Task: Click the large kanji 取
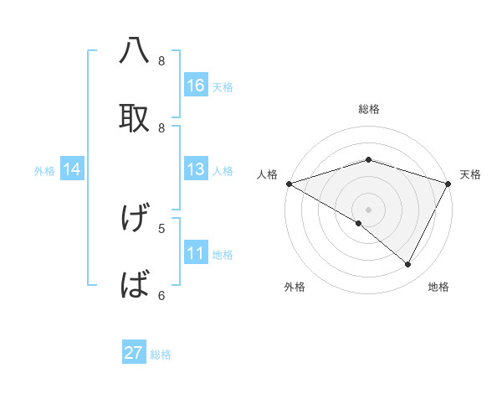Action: tap(134, 117)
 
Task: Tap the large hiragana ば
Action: tap(134, 285)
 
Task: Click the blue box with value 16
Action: tap(196, 85)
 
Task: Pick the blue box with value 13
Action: tap(196, 169)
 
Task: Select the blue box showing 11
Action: tap(196, 253)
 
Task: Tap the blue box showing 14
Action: tap(72, 169)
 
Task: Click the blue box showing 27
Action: tap(134, 353)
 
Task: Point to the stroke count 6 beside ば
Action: tap(161, 295)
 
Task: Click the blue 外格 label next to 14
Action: tap(44, 170)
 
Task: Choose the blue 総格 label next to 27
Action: tap(161, 355)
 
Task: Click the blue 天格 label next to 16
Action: tap(223, 86)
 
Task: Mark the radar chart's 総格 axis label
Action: tap(368, 109)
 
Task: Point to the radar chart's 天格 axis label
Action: tap(471, 174)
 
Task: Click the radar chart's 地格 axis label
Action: tap(438, 287)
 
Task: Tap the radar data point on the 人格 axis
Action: tap(289, 183)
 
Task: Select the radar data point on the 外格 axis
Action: tap(359, 223)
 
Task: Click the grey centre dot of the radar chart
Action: tap(368, 209)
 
